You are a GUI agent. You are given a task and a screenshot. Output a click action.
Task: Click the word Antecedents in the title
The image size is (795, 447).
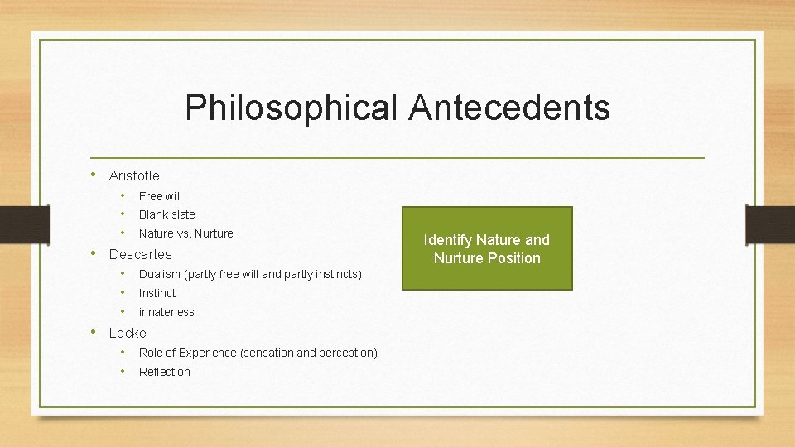pyautogui.click(x=510, y=108)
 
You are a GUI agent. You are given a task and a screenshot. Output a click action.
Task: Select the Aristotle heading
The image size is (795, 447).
pyautogui.click(x=134, y=175)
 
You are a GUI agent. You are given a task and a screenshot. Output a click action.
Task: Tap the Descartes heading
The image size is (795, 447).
pyautogui.click(x=141, y=254)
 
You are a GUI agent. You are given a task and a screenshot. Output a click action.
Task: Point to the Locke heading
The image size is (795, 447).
pyautogui.click(x=128, y=333)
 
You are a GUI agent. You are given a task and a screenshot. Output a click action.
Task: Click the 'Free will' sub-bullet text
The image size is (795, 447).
pyautogui.click(x=161, y=196)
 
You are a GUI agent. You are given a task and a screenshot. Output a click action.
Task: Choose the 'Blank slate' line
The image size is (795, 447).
pyautogui.click(x=167, y=214)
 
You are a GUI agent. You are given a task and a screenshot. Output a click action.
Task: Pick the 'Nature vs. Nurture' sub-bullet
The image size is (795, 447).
pyautogui.click(x=186, y=233)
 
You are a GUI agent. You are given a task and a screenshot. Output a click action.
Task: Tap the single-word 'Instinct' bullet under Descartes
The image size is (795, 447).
pyautogui.click(x=157, y=293)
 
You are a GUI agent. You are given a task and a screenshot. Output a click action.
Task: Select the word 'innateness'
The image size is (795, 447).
pyautogui.click(x=166, y=312)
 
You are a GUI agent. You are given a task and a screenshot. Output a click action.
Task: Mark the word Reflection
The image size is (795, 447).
pyautogui.click(x=165, y=372)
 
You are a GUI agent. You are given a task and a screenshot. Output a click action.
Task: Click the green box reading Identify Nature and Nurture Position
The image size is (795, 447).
pyautogui.click(x=487, y=248)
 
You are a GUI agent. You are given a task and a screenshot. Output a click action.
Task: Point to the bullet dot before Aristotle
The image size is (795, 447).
pyautogui.click(x=95, y=175)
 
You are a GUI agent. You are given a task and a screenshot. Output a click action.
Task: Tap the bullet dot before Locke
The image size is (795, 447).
pyautogui.click(x=95, y=332)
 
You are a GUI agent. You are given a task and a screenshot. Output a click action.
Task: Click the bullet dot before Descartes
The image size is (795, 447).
pyautogui.click(x=95, y=253)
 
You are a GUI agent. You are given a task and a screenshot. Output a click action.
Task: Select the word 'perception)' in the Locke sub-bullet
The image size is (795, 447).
pyautogui.click(x=348, y=353)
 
